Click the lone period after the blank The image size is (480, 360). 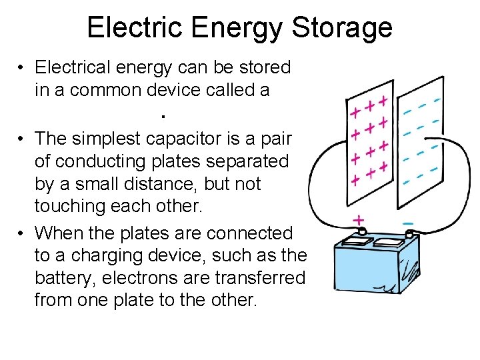(x=163, y=117)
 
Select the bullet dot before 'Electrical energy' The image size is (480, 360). (x=22, y=68)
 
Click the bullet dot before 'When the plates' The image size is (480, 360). (x=22, y=233)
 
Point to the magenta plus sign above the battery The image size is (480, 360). (x=359, y=219)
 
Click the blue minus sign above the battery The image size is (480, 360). (x=408, y=221)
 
